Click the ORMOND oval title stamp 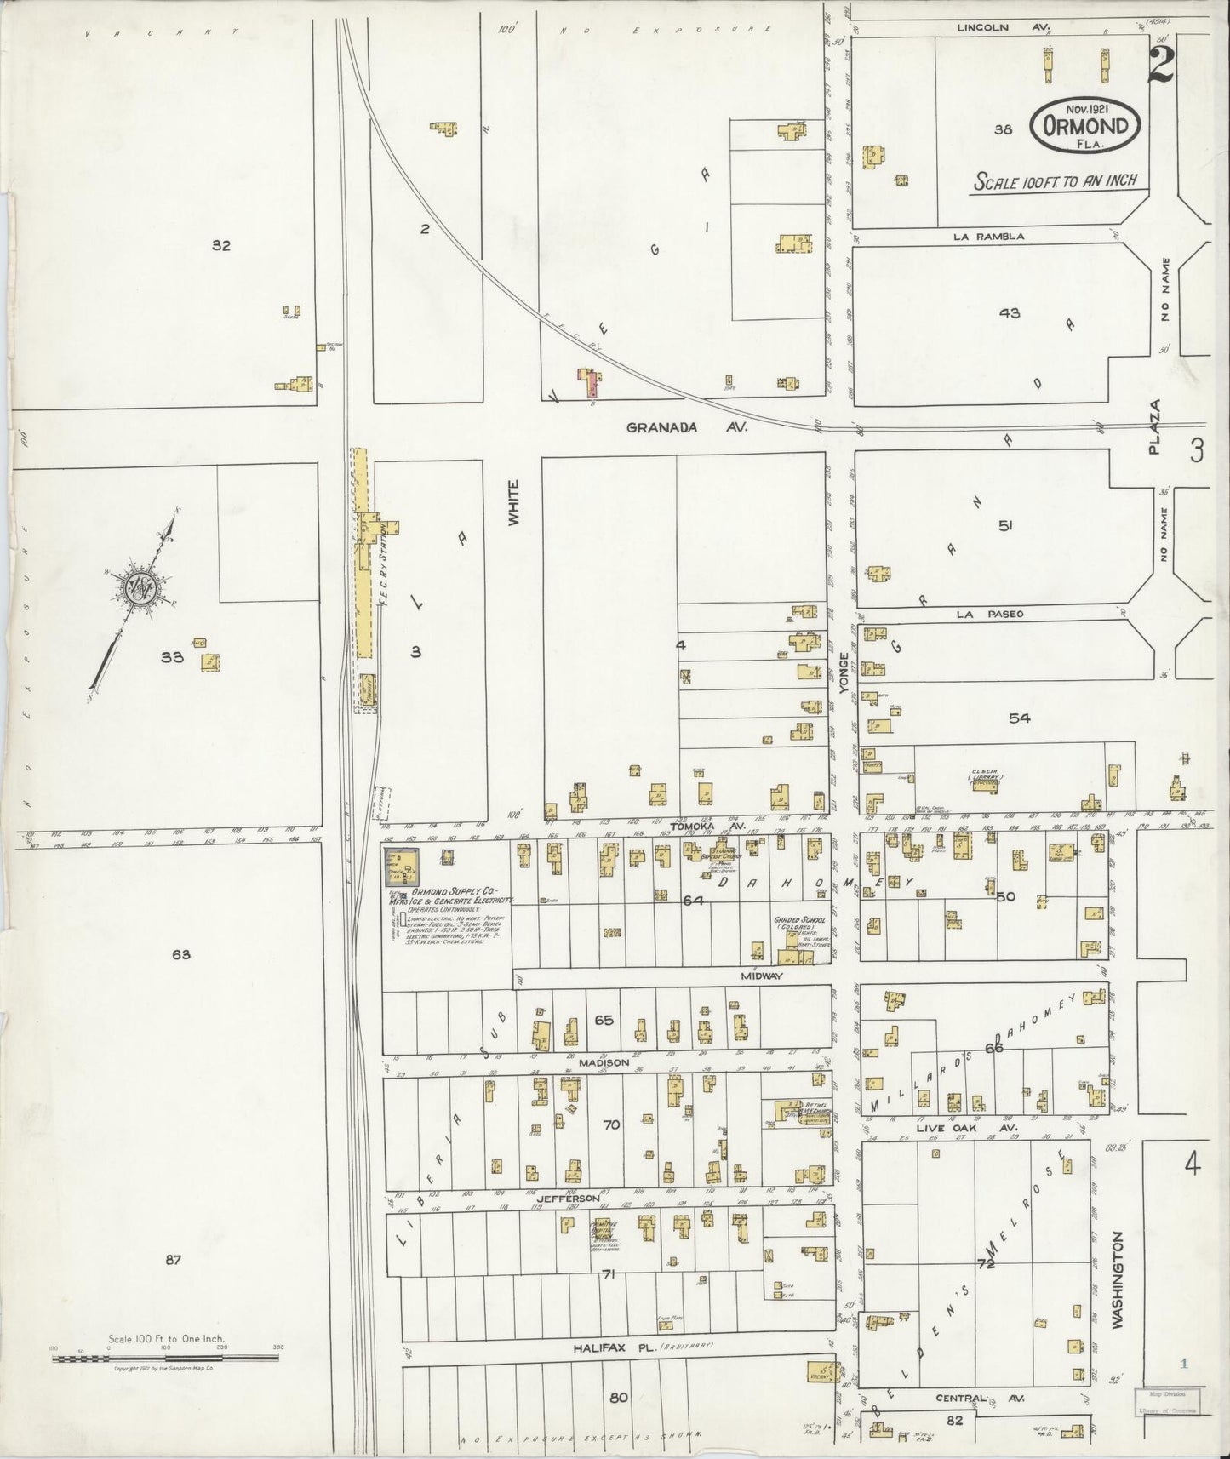click(x=1085, y=126)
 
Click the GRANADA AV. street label click(x=685, y=428)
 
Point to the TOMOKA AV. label click(x=719, y=826)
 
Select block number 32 click(x=221, y=245)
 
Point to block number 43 click(x=1010, y=312)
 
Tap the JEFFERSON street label click(x=587, y=1198)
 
